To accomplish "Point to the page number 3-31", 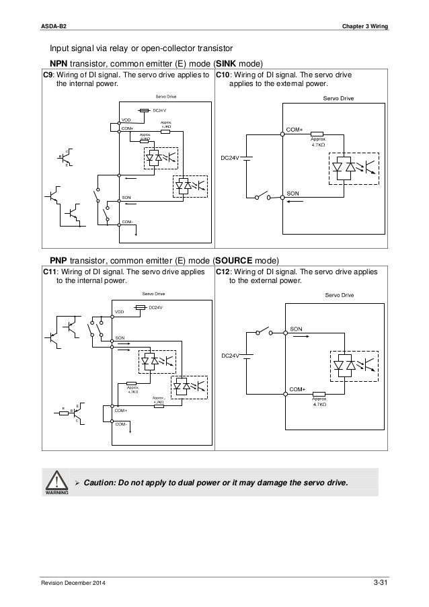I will point(381,581).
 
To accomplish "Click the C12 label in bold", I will point(223,273).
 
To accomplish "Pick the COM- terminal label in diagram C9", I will point(127,221).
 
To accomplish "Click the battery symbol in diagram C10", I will point(247,159).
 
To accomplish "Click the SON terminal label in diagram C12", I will point(296,327).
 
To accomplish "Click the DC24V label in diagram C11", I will point(155,307).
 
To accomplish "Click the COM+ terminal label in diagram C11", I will point(121,409).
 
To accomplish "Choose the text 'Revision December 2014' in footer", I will point(74,581).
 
